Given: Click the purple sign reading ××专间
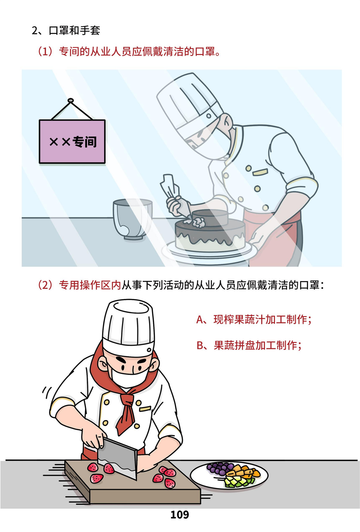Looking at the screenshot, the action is [72, 141].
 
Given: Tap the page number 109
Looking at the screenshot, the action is [180, 515].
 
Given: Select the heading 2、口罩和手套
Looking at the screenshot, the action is [66, 31].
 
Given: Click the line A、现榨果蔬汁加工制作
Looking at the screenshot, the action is [254, 319].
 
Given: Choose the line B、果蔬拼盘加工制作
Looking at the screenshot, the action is [249, 345].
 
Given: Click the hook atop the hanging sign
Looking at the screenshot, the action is [71, 100].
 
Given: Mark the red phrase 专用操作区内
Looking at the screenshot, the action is [90, 285].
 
